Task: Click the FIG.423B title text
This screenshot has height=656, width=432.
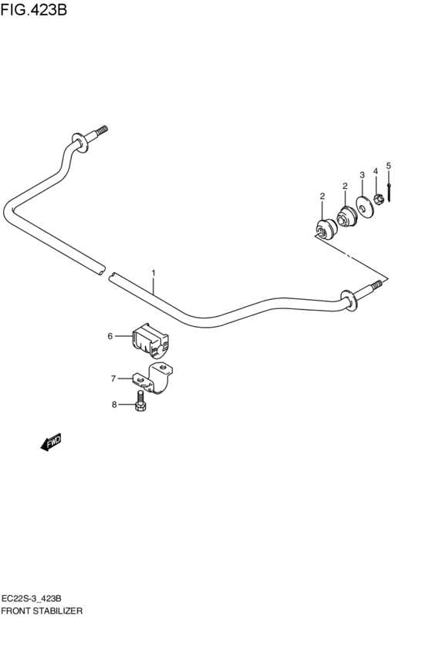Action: (x=33, y=9)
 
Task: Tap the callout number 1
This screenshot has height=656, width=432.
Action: (x=154, y=273)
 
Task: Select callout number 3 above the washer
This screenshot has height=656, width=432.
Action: (x=362, y=174)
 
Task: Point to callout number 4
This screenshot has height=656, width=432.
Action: (x=376, y=171)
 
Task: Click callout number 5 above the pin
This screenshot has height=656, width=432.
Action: (x=389, y=166)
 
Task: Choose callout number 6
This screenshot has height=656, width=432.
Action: (x=110, y=336)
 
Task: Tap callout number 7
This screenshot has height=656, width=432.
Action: (x=113, y=378)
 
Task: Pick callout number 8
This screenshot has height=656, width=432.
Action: (x=114, y=405)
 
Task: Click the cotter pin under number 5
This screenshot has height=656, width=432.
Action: (x=390, y=193)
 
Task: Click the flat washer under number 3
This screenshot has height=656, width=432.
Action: (x=365, y=207)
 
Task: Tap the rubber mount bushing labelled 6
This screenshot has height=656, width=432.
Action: (x=150, y=340)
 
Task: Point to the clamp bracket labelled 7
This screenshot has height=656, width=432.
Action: (x=154, y=378)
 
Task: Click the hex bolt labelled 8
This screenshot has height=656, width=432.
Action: (x=140, y=400)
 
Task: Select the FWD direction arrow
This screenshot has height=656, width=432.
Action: (x=51, y=442)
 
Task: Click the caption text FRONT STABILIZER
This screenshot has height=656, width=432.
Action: (x=42, y=611)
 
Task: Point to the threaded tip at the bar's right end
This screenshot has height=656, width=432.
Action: (x=376, y=285)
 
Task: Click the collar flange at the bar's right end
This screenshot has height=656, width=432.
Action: (x=349, y=301)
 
